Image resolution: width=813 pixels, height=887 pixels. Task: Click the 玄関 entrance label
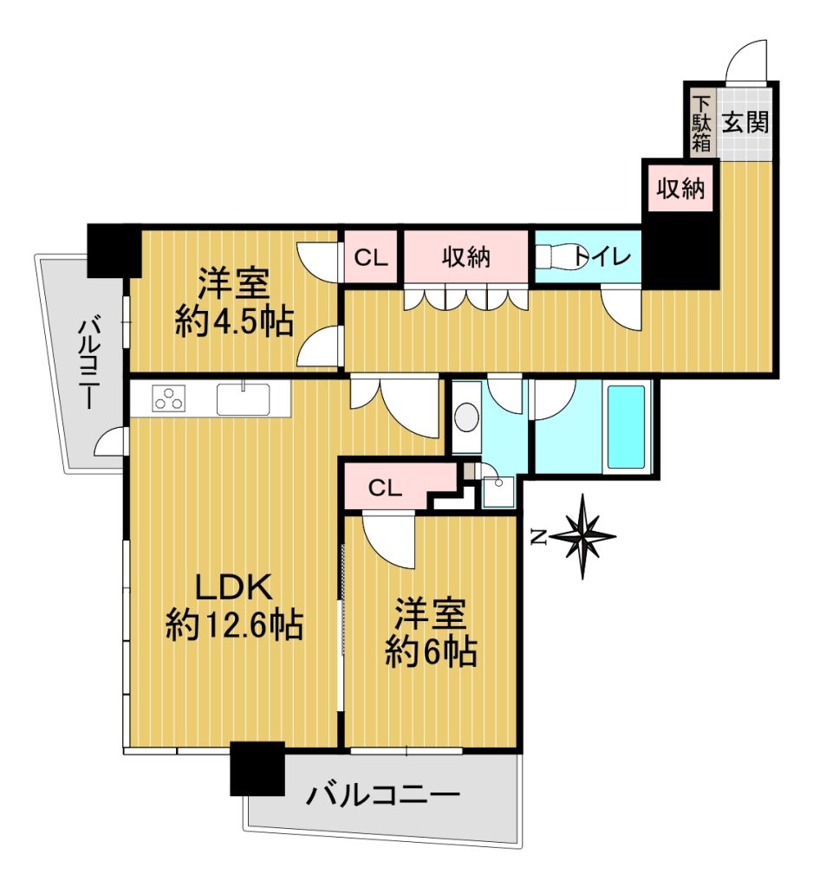point(745,122)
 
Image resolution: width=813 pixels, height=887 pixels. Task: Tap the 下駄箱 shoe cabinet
point(701,123)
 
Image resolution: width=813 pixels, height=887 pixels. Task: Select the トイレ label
point(602,257)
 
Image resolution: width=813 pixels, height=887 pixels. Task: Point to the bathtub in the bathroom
point(626,427)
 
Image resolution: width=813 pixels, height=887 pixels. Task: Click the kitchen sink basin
point(244,398)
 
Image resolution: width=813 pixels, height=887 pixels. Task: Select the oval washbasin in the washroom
point(466,417)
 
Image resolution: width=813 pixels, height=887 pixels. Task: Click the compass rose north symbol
point(583,535)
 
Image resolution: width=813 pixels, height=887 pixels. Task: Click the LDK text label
point(234,588)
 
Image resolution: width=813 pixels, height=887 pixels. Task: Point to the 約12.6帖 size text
point(234,625)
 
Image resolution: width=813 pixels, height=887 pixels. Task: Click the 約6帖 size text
point(431,651)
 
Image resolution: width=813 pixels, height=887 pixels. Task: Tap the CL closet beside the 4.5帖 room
point(370,257)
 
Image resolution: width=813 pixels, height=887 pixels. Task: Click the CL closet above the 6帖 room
point(385,487)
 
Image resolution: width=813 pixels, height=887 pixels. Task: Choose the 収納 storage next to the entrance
point(680,188)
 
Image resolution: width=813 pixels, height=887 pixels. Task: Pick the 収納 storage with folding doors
point(466,256)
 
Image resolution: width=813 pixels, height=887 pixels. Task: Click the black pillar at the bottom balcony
point(257,769)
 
